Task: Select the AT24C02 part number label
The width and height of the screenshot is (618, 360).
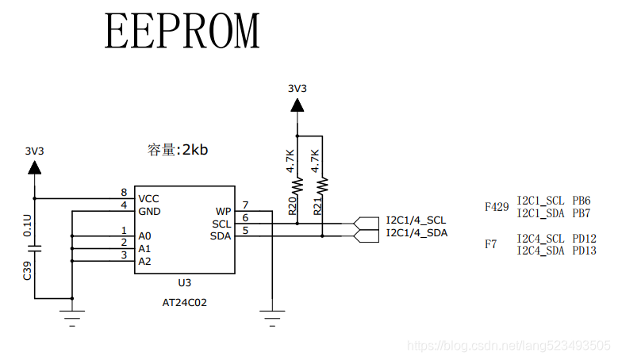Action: pos(185,302)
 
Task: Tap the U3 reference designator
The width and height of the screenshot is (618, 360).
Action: pos(184,282)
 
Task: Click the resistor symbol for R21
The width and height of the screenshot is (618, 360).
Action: pos(322,186)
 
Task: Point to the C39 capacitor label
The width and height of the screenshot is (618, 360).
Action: pos(28,270)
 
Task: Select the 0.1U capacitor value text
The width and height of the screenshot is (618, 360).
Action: pos(28,224)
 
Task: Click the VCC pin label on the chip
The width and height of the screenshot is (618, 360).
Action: pos(148,198)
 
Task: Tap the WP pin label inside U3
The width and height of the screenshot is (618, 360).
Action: pos(222,212)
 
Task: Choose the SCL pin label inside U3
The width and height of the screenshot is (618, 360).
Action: pos(221,224)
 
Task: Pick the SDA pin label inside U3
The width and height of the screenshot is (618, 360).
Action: pos(221,236)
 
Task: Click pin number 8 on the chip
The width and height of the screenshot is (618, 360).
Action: pos(124,193)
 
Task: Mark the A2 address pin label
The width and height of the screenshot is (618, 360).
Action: pos(144,261)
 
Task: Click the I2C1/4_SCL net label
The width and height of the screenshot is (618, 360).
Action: pos(416,220)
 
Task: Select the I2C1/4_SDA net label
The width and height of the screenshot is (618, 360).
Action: pos(416,232)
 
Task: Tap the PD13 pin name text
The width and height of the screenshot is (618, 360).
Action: pos(584,251)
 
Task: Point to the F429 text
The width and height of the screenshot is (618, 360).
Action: pos(497,207)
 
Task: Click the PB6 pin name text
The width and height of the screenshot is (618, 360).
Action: pos(582,201)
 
